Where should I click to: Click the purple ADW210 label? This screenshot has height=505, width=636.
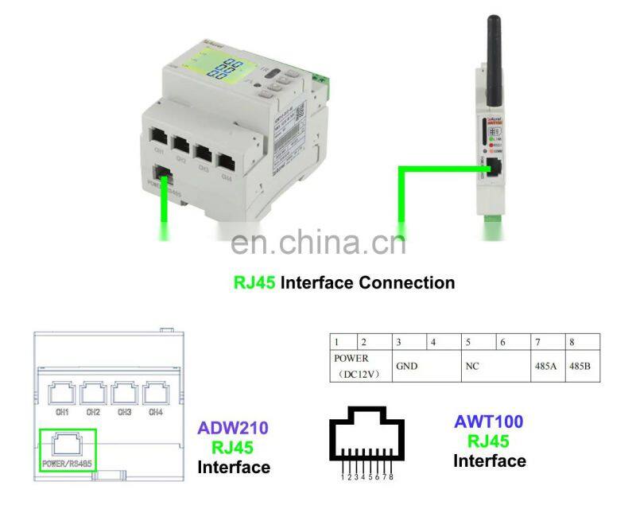233,429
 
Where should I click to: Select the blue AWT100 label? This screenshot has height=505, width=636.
488,422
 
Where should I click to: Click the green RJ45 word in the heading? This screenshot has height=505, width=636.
254,282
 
